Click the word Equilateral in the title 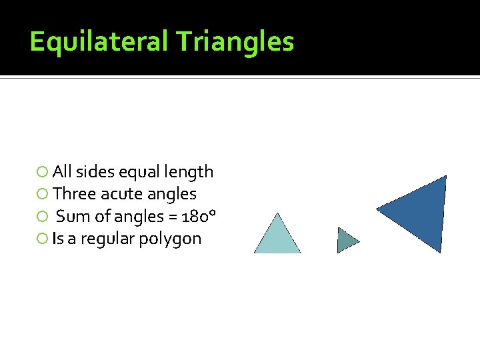coord(99,42)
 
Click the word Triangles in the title coord(235,42)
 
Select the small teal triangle coord(345,240)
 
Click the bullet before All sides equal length coord(42,172)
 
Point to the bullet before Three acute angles coord(42,195)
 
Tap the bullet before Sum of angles coord(42,217)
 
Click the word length coord(190,172)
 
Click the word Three coord(74,194)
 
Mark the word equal coord(141,172)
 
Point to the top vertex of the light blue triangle coord(277,213)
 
